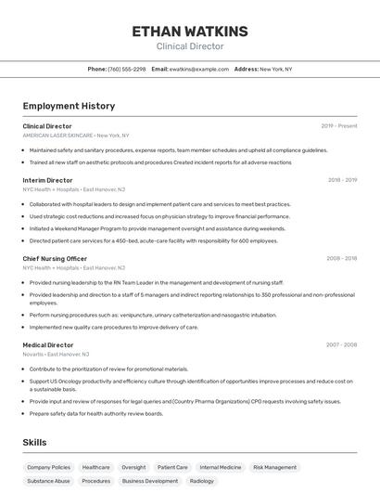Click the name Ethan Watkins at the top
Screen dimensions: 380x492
tap(189, 31)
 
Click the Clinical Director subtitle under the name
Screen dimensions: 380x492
tap(189, 45)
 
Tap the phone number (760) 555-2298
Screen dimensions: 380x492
tap(127, 69)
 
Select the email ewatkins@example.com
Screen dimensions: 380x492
tap(198, 69)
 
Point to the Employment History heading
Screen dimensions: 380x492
tap(69, 106)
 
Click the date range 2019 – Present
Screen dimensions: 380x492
tap(339, 126)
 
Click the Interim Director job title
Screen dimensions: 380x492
tap(47, 180)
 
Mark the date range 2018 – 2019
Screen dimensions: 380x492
tap(342, 180)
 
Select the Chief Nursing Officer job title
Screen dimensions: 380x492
tap(55, 259)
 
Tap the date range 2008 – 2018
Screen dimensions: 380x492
tap(341, 259)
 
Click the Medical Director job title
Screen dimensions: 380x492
tap(48, 345)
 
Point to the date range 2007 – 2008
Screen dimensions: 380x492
tap(341, 345)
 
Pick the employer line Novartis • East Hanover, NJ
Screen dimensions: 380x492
tap(56, 354)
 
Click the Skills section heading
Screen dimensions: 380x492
tap(34, 443)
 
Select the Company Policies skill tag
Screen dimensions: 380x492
tap(48, 468)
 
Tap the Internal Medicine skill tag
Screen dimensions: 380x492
tap(220, 468)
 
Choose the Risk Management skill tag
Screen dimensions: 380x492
tap(274, 468)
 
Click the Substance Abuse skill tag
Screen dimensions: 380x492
tap(48, 482)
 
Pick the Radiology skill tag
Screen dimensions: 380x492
tap(201, 482)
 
